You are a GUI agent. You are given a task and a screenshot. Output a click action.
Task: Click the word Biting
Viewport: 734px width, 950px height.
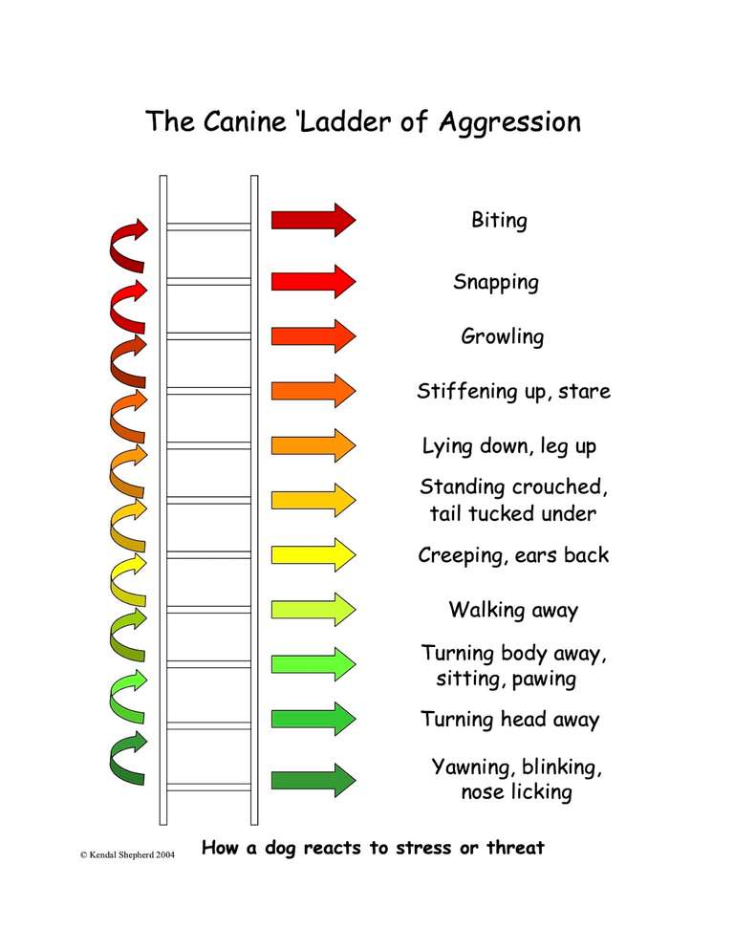point(499,221)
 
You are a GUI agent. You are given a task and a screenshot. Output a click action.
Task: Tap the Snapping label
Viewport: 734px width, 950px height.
point(496,282)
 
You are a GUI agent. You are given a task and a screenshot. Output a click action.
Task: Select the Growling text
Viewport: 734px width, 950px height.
point(502,336)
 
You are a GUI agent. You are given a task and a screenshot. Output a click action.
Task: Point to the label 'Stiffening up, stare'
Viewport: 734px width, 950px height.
point(513,391)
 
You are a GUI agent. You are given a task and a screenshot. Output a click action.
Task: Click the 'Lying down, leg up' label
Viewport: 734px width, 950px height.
point(509,446)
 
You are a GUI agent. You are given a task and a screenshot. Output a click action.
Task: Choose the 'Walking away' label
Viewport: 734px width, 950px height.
point(513,610)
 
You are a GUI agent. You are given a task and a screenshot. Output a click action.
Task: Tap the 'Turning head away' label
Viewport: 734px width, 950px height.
point(510,720)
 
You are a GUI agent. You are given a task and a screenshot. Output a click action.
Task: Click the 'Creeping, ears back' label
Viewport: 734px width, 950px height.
point(513,555)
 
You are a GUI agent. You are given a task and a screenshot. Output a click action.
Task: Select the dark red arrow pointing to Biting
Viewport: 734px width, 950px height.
point(313,220)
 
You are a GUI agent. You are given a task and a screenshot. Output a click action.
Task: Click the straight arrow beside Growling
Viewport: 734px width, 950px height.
point(313,335)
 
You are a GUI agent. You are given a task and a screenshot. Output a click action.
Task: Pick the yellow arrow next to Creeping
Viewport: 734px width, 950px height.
point(313,554)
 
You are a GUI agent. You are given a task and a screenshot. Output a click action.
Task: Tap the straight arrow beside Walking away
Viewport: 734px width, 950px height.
point(313,609)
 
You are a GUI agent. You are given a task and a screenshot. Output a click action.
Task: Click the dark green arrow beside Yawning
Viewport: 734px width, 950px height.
point(313,778)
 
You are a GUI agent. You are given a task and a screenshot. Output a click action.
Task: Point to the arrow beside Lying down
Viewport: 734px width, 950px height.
point(313,445)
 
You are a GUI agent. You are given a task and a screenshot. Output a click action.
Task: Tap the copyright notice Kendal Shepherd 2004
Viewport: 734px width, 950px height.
point(126,853)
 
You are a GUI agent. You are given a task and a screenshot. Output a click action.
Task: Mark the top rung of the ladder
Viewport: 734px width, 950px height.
point(208,227)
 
